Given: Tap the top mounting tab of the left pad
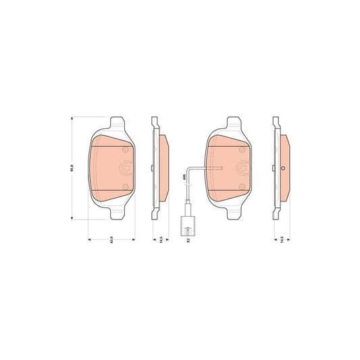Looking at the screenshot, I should coord(115,123).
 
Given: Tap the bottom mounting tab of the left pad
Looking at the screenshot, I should coord(115,214).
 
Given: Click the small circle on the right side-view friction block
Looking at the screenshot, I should coord(284,169).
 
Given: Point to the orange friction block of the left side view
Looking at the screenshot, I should coord(164,168).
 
